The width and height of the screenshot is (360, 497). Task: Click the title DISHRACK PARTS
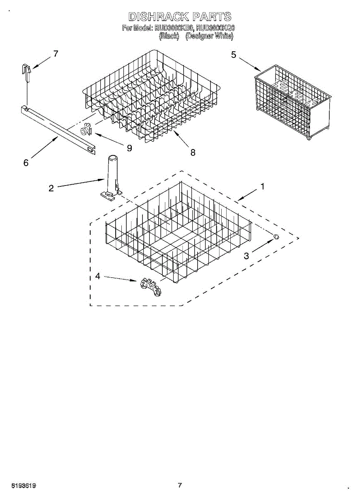click(180, 17)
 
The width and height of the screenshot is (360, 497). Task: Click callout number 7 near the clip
click(56, 53)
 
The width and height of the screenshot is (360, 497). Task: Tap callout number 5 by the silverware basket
click(234, 54)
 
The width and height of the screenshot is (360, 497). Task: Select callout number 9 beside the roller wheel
click(129, 148)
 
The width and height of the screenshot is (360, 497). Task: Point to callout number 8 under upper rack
click(193, 152)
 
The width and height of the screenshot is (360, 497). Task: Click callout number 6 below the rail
click(26, 163)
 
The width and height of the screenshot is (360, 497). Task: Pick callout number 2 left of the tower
click(51, 188)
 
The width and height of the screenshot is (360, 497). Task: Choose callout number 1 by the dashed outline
click(262, 187)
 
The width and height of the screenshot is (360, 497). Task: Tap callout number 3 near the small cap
click(246, 256)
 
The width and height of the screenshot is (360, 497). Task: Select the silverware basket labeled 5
click(292, 101)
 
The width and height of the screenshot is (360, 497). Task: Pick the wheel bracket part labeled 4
click(150, 285)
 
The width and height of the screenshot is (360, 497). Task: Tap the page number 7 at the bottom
click(180, 485)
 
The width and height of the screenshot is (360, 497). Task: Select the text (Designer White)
click(209, 36)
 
